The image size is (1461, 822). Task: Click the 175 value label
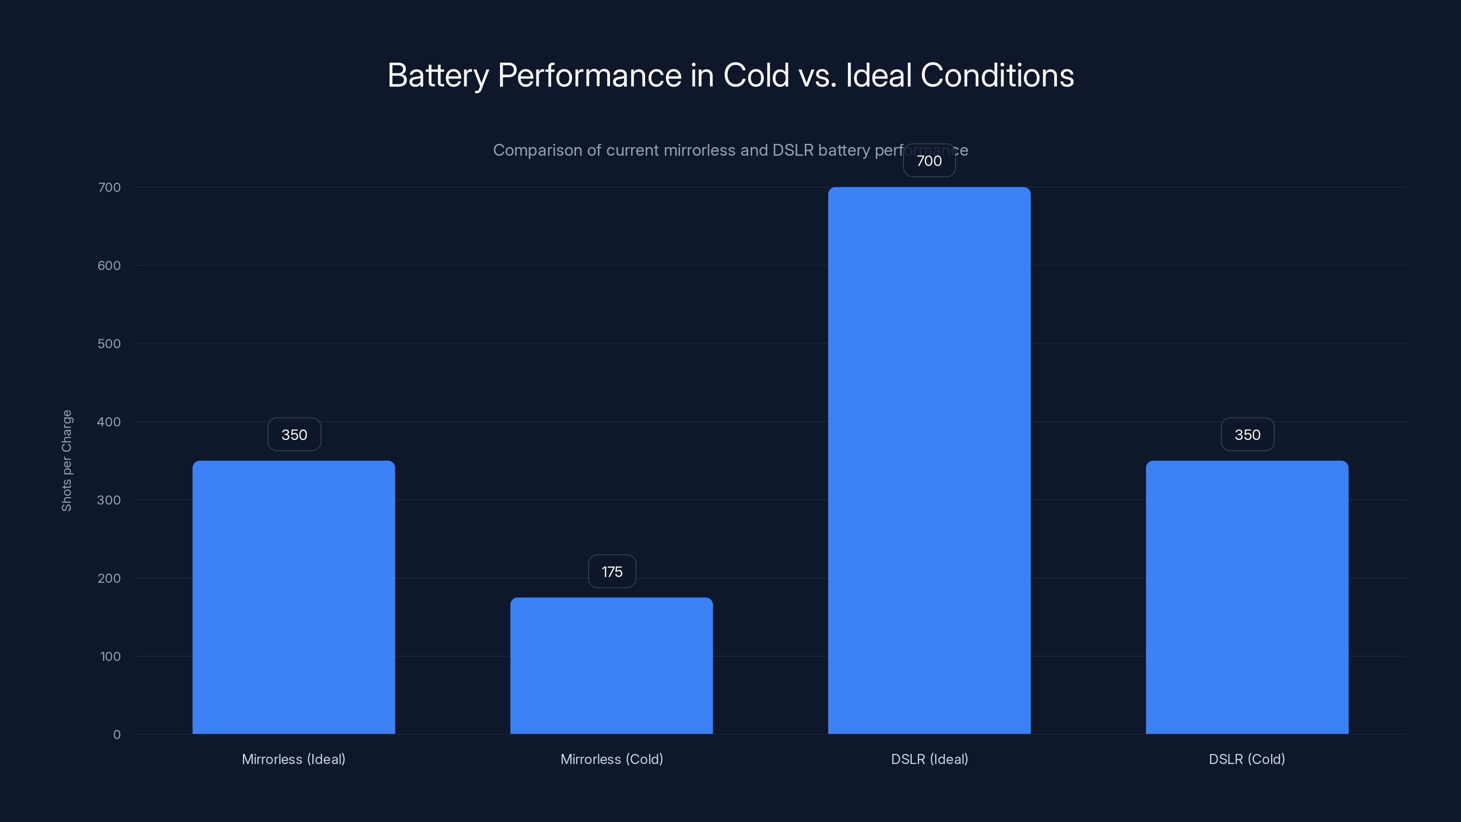[612, 571]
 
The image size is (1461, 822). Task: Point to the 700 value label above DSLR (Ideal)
[929, 161]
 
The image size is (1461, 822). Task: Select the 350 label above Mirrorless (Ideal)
[294, 435]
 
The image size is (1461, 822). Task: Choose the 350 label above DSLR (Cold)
[1247, 435]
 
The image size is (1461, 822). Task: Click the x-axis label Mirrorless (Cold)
[611, 759]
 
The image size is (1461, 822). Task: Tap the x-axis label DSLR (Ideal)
[929, 759]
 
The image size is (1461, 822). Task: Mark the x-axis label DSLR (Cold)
[1246, 759]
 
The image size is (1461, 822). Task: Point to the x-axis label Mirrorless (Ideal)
[294, 759]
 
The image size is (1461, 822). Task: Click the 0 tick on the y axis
[117, 735]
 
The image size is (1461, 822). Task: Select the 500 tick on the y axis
[109, 344]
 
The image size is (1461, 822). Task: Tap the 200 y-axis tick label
[109, 578]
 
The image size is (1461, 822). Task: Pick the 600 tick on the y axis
[109, 265]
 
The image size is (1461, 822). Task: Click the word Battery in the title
[438, 75]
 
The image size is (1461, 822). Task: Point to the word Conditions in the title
[997, 75]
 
